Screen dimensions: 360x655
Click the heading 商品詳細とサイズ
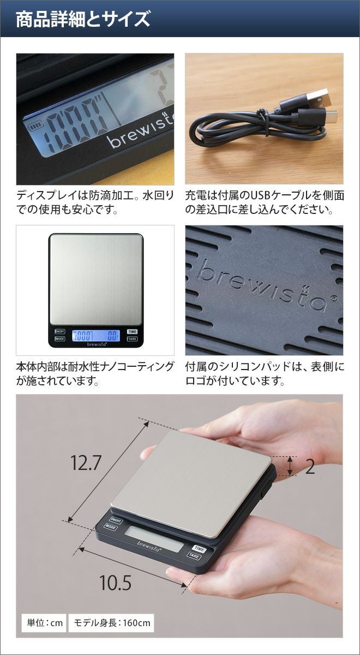point(83,19)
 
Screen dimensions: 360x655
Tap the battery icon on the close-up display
point(35,127)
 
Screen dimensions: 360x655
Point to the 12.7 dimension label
point(86,463)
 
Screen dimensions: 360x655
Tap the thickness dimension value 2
point(310,467)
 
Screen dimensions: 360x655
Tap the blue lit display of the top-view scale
point(96,335)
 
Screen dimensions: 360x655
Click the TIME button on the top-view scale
point(133,332)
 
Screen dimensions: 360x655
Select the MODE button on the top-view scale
point(60,339)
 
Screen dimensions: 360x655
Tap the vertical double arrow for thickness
point(290,466)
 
